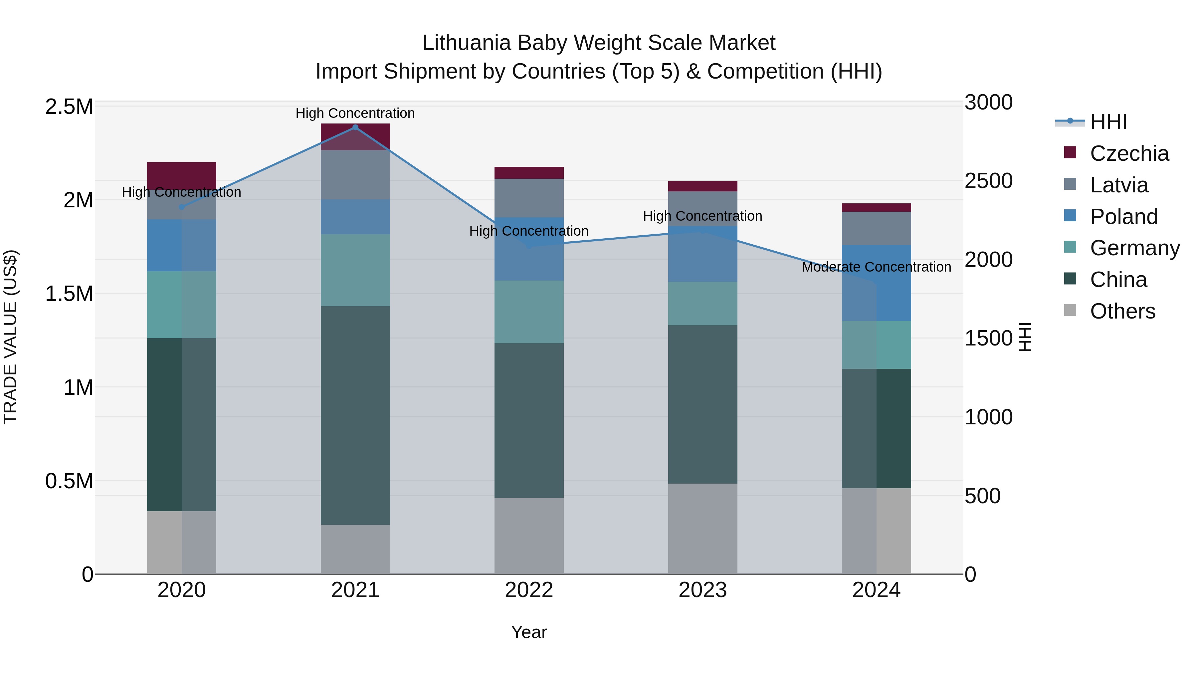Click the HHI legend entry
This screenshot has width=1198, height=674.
[1108, 122]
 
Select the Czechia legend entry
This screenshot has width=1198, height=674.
[1129, 153]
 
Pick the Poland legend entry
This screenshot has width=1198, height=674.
[1123, 217]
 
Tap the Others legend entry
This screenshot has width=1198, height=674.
[1122, 311]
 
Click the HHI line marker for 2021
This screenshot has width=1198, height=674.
[355, 127]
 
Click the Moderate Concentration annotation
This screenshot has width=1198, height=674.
[876, 267]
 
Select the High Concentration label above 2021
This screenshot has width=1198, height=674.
[355, 113]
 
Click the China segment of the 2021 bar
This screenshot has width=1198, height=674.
[355, 415]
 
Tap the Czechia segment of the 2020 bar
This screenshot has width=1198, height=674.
[182, 175]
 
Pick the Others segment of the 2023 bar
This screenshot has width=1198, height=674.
[703, 529]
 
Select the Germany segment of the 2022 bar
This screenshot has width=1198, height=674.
[529, 312]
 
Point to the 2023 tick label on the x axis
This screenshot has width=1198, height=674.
[703, 590]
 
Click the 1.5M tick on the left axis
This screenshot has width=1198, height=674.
[69, 294]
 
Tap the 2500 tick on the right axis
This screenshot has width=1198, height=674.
[988, 181]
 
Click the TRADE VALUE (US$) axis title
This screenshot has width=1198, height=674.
[10, 337]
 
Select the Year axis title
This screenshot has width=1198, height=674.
[529, 632]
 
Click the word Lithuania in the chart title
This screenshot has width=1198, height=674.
[467, 43]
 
